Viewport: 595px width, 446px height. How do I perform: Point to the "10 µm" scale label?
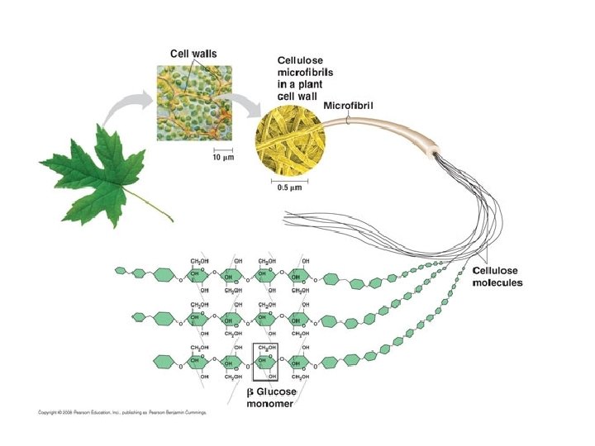pos(214,157)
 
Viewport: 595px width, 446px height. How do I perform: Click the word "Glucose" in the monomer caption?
pos(288,391)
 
